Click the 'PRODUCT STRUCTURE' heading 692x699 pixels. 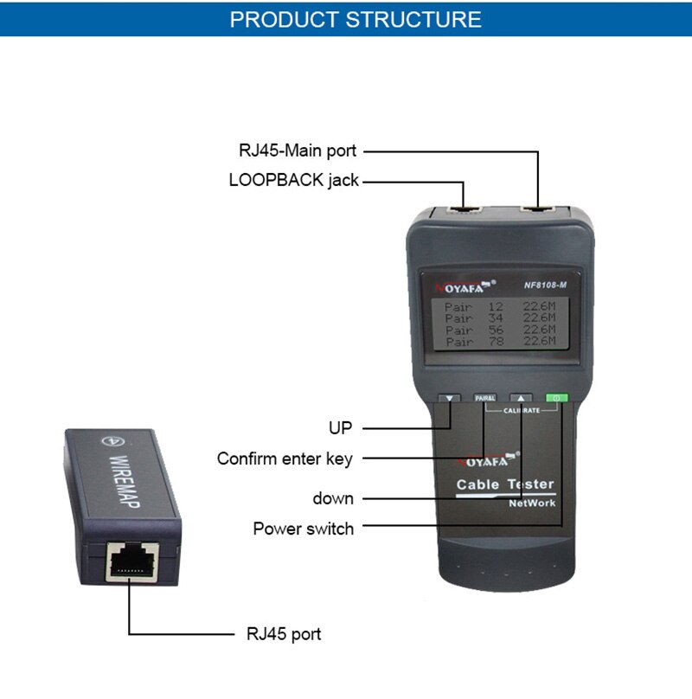coord(356,19)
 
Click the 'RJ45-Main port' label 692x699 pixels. coord(297,151)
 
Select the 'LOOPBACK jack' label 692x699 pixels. coord(293,181)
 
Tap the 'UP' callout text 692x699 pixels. coord(341,427)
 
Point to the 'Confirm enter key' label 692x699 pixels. coord(285,459)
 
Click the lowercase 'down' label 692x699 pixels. coord(333,497)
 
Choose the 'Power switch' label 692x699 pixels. coord(303,528)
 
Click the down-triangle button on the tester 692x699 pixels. coord(449,399)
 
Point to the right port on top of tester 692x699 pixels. coord(537,210)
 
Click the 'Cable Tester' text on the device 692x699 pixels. coord(504,484)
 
